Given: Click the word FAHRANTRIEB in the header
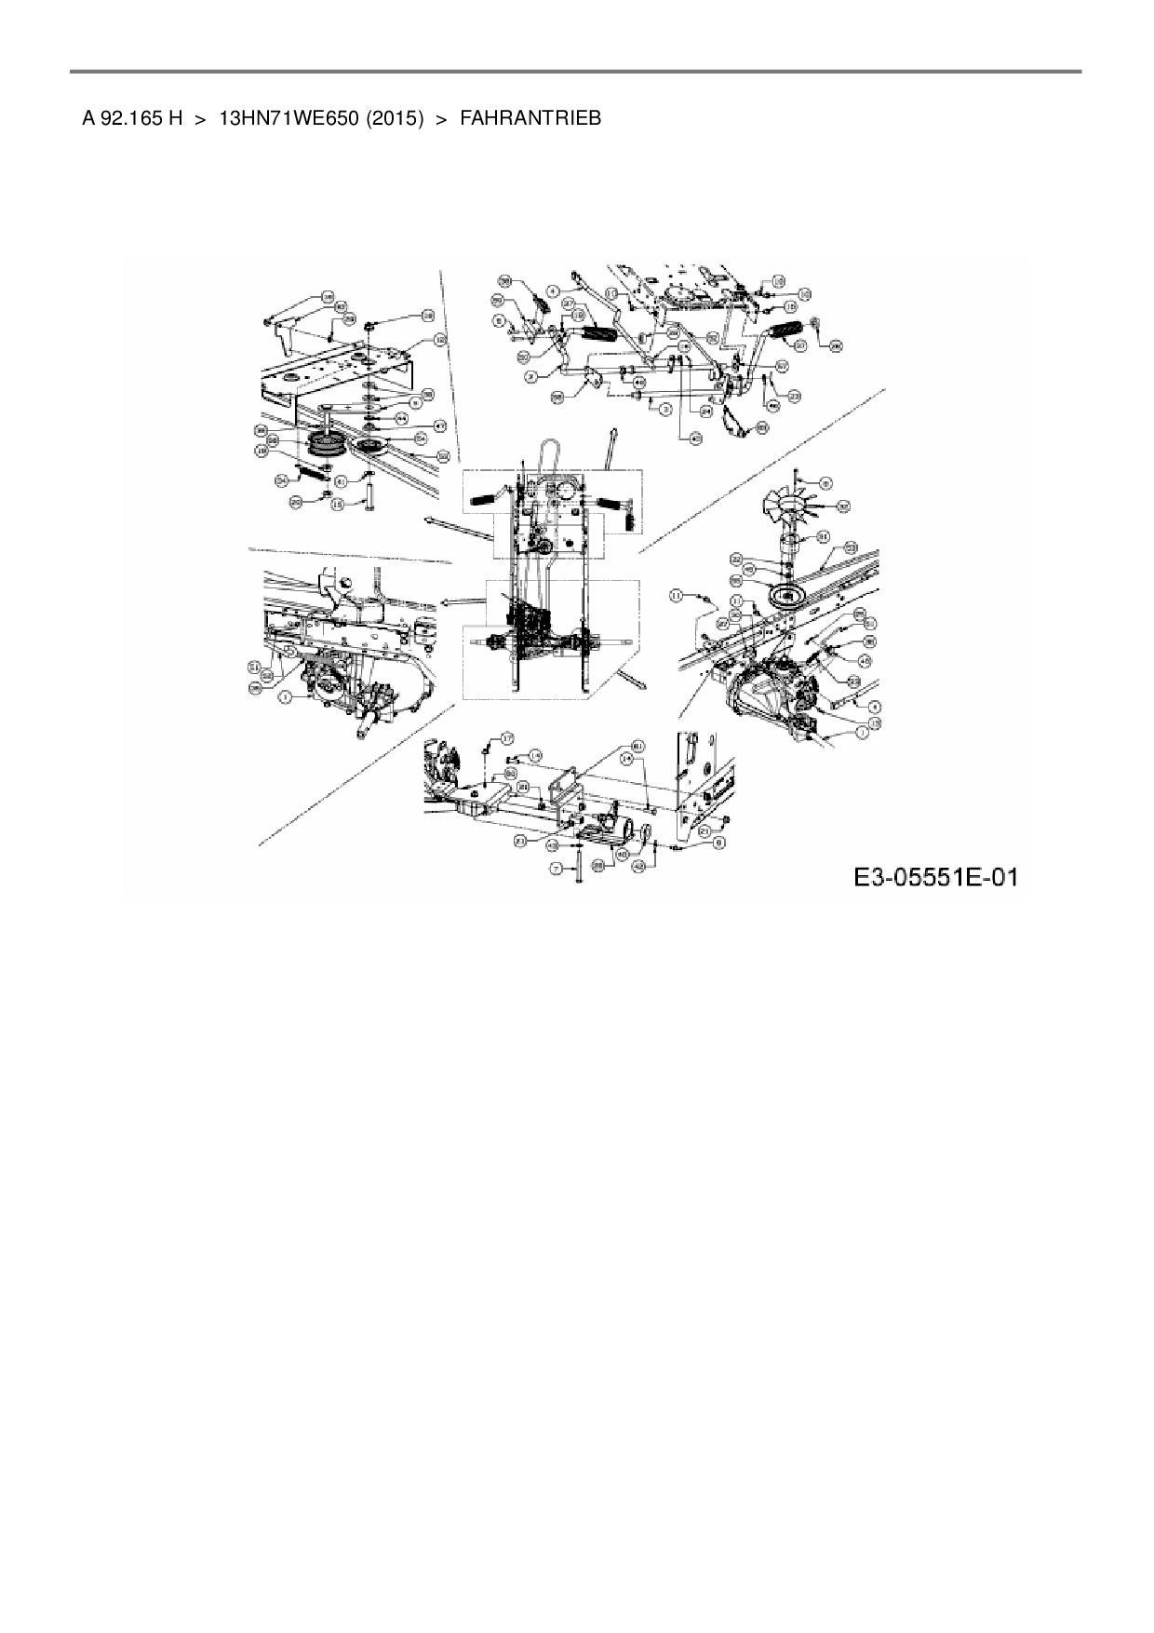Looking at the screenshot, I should [530, 118].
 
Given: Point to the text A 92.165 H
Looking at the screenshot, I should [131, 118].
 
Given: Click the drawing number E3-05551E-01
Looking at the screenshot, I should [933, 877].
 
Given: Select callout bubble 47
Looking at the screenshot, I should [440, 425].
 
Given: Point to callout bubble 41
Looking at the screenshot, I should [342, 481].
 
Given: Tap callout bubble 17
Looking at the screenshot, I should [507, 737].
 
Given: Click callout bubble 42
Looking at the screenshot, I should [638, 866].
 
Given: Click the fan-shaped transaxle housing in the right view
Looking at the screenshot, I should [768, 691].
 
